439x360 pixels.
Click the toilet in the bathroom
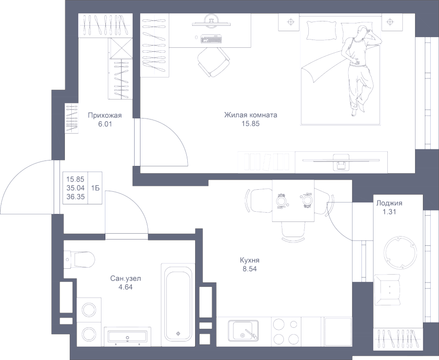pyautogui.click(x=80, y=259)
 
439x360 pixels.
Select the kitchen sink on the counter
pyautogui.click(x=244, y=330)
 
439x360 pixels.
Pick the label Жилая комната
pyautogui.click(x=251, y=116)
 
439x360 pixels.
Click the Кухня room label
pyautogui.click(x=249, y=260)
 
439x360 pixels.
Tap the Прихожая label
pyautogui.click(x=104, y=116)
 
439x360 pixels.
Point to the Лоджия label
pyautogui.click(x=389, y=202)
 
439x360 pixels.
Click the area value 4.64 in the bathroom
pyautogui.click(x=125, y=287)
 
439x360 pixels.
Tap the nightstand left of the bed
pyautogui.click(x=291, y=22)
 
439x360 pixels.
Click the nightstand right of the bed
pyautogui.click(x=391, y=22)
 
